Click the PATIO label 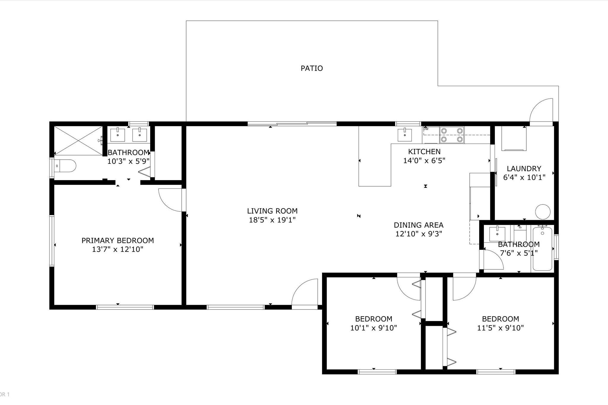click(312, 68)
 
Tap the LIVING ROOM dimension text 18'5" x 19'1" click(272, 220)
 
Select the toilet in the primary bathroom click(66, 166)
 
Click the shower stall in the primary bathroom click(78, 141)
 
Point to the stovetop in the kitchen click(452, 135)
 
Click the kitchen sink click(405, 135)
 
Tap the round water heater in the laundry click(543, 212)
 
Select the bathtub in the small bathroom click(542, 248)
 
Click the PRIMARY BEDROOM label click(118, 240)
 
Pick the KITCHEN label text click(424, 152)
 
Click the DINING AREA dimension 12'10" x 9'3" click(419, 234)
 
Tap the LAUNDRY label click(524, 169)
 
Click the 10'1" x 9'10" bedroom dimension click(374, 328)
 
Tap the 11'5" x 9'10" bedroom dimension click(500, 328)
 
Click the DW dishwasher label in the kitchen click(426, 129)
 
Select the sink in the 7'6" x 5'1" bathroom click(497, 234)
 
